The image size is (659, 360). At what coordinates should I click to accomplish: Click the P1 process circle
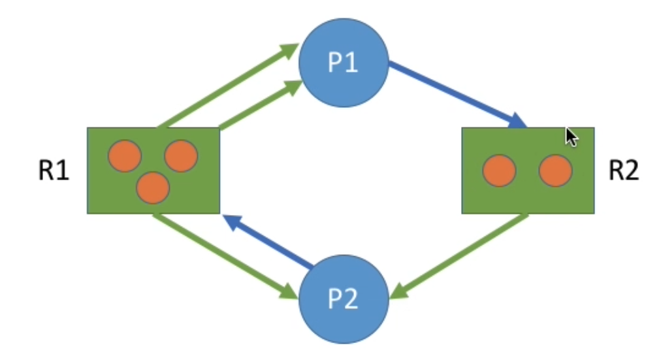(x=344, y=63)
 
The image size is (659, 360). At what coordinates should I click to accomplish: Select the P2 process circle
(x=344, y=299)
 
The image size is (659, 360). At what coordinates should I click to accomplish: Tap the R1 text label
(x=54, y=171)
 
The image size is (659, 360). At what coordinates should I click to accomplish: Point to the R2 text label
(x=624, y=171)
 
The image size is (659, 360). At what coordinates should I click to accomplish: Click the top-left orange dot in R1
(x=124, y=156)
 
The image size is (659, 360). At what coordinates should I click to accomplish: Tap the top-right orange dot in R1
(x=181, y=156)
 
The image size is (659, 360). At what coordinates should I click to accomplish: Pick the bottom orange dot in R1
(x=153, y=187)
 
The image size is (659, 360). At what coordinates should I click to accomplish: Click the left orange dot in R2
(x=500, y=171)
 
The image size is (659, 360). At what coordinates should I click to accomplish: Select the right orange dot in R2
(x=556, y=171)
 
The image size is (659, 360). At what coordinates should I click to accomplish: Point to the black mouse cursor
(x=571, y=137)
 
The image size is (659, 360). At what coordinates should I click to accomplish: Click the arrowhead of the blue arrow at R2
(x=519, y=122)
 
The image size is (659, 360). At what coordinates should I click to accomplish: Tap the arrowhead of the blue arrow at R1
(x=230, y=221)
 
